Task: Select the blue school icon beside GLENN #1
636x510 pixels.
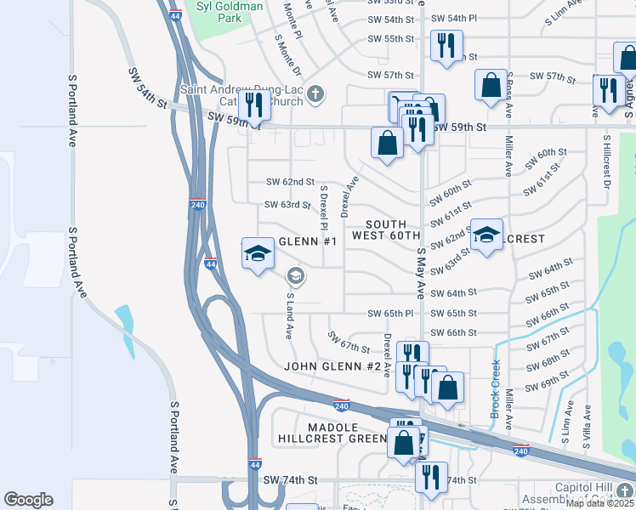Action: point(258,253)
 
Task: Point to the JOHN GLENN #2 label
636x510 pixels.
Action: point(332,366)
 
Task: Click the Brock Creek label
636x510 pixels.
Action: point(495,389)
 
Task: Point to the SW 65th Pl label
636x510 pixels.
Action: point(390,314)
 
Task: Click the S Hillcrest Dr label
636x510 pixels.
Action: point(607,161)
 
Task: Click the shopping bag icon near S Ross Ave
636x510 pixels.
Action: point(491,85)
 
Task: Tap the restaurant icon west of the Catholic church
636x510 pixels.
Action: point(253,105)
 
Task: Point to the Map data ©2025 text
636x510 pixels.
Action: point(599,503)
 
